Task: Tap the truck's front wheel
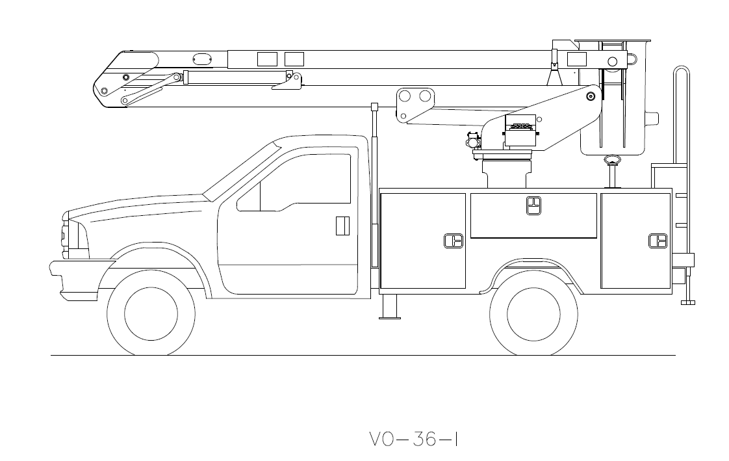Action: [151, 313]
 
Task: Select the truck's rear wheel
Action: [533, 313]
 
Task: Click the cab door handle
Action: [342, 225]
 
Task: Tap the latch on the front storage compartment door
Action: [453, 241]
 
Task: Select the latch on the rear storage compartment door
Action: [658, 241]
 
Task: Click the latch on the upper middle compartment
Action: [533, 205]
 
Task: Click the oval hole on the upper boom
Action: [203, 59]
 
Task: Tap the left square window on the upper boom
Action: [267, 59]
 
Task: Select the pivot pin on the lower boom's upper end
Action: [591, 96]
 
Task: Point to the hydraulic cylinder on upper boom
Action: [227, 77]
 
